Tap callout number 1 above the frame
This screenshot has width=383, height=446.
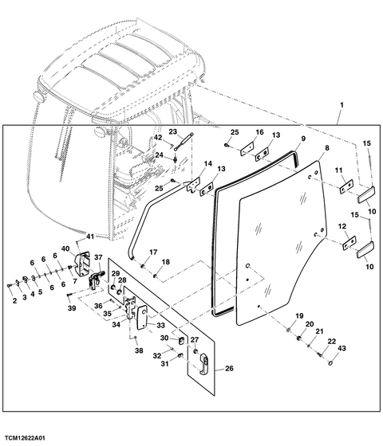coord(342,105)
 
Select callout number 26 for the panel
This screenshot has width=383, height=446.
coord(229,368)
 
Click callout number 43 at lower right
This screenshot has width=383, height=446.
coord(342,348)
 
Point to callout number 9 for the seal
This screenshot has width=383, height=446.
coord(303,139)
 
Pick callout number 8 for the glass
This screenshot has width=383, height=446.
coord(327,148)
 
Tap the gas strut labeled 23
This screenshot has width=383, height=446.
coord(184,141)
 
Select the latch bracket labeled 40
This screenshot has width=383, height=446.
coord(82,261)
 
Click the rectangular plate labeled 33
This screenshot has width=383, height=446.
coord(142,317)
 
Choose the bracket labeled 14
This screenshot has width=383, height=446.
coord(193,184)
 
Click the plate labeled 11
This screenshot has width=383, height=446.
coord(346,186)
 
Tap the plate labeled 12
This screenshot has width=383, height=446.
coord(349,243)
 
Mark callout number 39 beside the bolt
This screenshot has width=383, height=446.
coord(72,308)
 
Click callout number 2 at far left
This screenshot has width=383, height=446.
coord(14,301)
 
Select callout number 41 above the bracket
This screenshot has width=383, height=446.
coord(90,237)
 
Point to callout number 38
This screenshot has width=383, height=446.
coord(139,350)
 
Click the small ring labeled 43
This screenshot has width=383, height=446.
coord(330,363)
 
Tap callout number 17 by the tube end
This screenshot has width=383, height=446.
coord(153,252)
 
